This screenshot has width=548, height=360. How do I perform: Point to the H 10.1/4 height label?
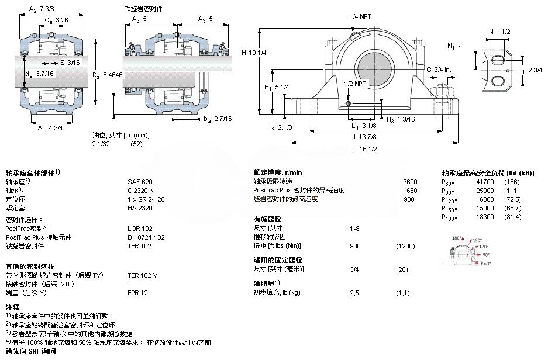tap(254, 52)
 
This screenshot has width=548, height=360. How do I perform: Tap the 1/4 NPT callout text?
tap(360, 16)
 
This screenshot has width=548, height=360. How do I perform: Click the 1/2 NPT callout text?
tap(355, 84)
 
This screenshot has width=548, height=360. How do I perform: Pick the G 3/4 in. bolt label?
tap(439, 70)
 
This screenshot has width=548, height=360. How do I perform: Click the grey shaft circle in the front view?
tap(373, 64)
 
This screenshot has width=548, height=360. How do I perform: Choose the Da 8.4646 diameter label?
tap(108, 74)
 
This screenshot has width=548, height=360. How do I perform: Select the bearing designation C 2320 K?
tap(141, 190)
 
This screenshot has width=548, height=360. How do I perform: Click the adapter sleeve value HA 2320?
tap(139, 207)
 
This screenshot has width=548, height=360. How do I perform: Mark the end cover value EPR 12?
tap(137, 292)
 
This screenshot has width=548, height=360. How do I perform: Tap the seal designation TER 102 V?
tap(143, 275)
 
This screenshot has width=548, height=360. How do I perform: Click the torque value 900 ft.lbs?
tap(355, 245)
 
